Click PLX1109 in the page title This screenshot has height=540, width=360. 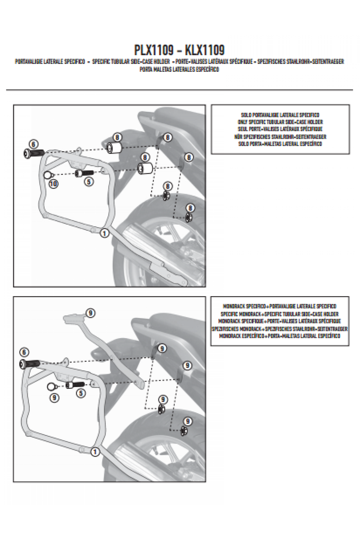click(154, 50)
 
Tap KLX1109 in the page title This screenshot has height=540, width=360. click(205, 50)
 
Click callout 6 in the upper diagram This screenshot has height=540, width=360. click(34, 144)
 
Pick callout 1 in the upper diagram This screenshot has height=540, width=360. click(104, 233)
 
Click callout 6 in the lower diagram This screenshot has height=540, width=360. click(24, 352)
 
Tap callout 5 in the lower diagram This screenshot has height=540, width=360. click(81, 393)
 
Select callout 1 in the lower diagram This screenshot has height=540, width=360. click(95, 452)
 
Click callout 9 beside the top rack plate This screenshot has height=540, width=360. click(90, 313)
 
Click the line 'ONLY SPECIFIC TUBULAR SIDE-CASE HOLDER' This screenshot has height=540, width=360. click(280, 122)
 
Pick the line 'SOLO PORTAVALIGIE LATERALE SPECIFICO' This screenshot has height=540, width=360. click(280, 115)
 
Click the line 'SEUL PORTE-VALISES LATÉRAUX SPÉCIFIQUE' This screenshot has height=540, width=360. click(280, 129)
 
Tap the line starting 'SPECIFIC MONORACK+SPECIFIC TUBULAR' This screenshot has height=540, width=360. click(280, 314)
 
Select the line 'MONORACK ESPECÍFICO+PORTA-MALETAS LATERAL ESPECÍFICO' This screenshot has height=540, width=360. click(280, 336)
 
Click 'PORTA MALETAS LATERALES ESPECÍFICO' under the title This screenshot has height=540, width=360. click(179, 69)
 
